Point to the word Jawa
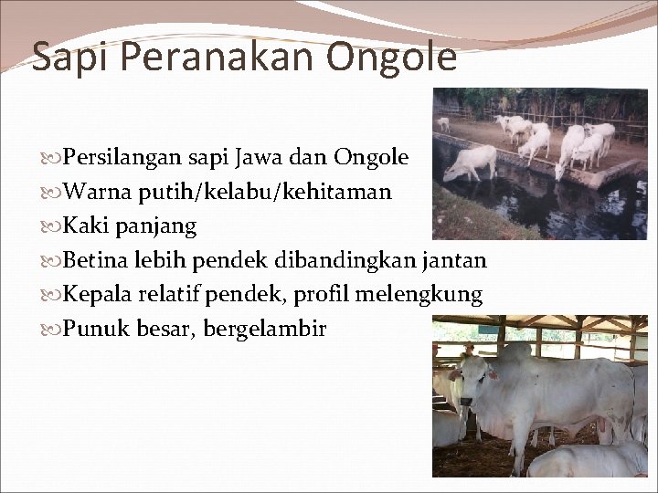point(260,158)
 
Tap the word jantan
point(454,260)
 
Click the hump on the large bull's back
point(516,352)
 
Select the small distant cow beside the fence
point(443,122)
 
